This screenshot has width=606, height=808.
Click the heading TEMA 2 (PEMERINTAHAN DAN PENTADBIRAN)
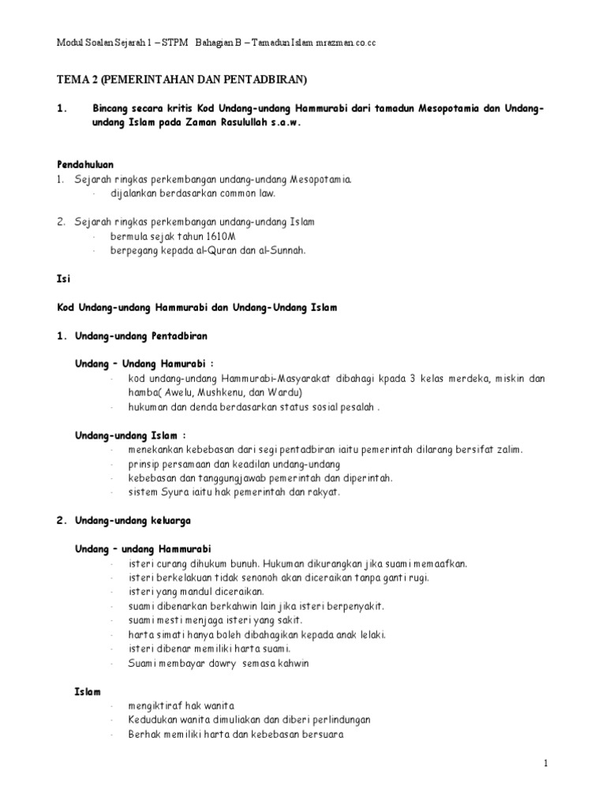pos(182,80)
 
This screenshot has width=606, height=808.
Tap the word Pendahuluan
pos(85,164)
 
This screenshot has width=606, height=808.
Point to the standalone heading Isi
pos(63,279)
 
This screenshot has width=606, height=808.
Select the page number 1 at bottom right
pos(544,763)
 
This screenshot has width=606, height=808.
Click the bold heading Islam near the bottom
pos(88,691)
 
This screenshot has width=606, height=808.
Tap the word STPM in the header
pos(173,43)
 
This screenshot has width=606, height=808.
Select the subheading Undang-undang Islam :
pos(130,435)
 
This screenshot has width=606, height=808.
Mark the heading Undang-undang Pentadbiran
pos(140,336)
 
